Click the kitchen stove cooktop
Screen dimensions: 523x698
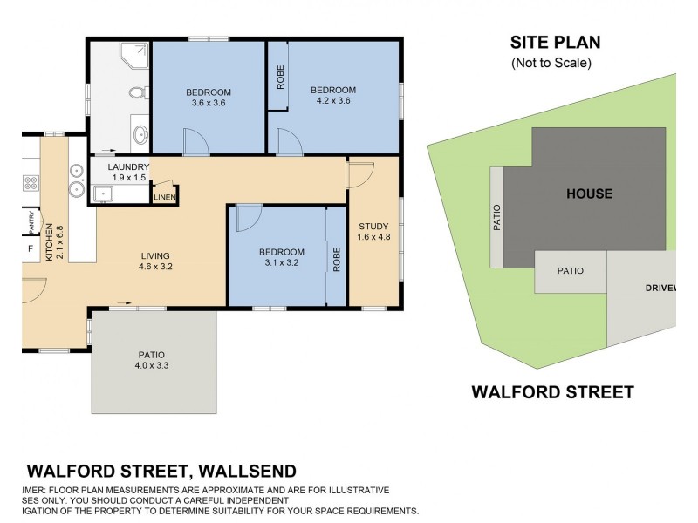(31, 183)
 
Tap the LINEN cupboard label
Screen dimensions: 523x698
(165, 198)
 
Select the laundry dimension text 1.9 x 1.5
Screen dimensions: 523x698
(128, 178)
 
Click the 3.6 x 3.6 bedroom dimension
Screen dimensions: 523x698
(209, 104)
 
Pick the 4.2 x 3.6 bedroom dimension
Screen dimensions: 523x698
(333, 101)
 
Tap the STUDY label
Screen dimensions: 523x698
(373, 228)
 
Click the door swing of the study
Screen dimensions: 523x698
(359, 173)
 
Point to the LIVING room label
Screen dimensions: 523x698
(155, 256)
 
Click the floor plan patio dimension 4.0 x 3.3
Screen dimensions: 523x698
(151, 367)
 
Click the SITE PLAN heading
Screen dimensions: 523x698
(555, 42)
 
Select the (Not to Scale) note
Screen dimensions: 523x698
(551, 63)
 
